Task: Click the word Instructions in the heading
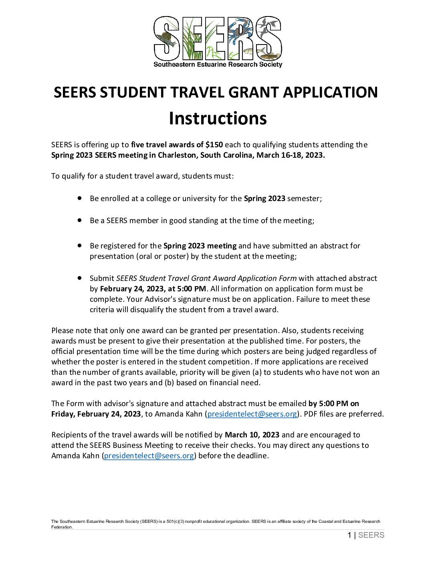(218, 118)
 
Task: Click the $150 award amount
(214, 145)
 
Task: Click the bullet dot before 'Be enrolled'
(80, 198)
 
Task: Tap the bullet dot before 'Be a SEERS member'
(80, 220)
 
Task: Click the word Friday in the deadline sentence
(63, 414)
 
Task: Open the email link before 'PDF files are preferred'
(252, 414)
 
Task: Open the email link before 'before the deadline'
(149, 456)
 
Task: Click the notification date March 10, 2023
(252, 435)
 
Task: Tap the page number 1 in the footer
(349, 535)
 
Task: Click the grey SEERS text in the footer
(371, 535)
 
